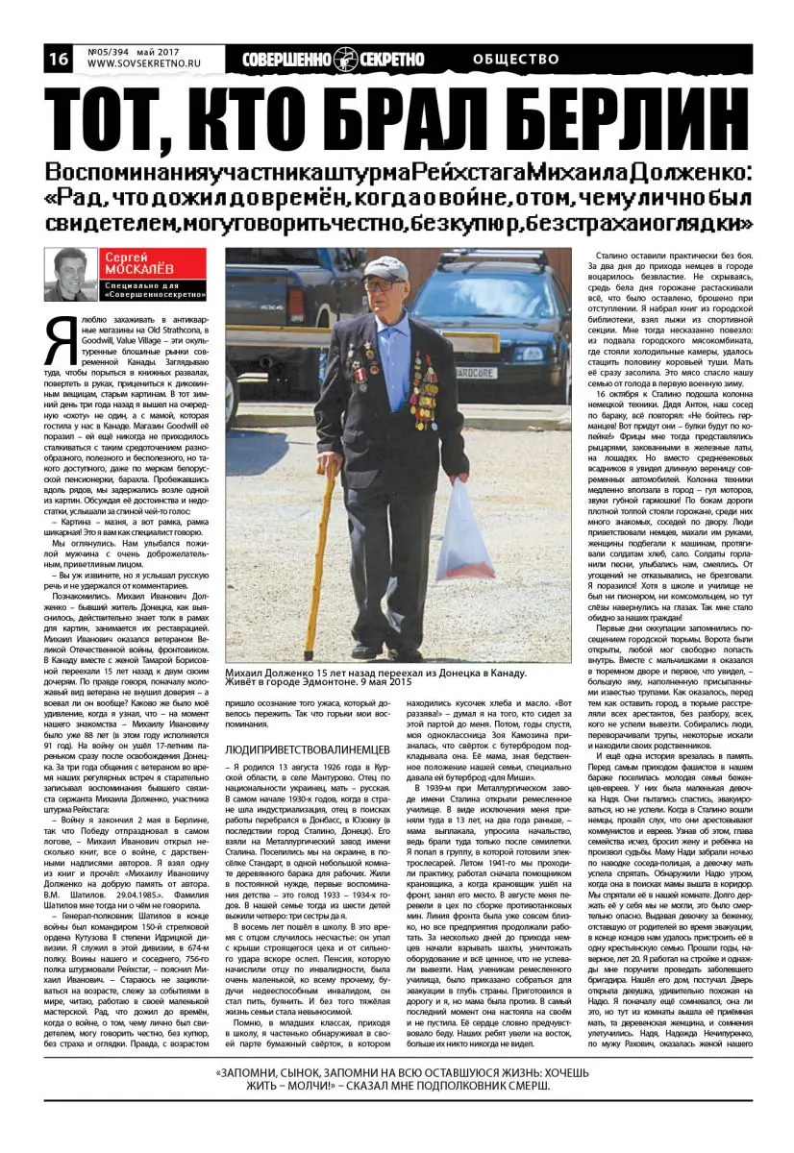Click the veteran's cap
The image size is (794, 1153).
(385, 268)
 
